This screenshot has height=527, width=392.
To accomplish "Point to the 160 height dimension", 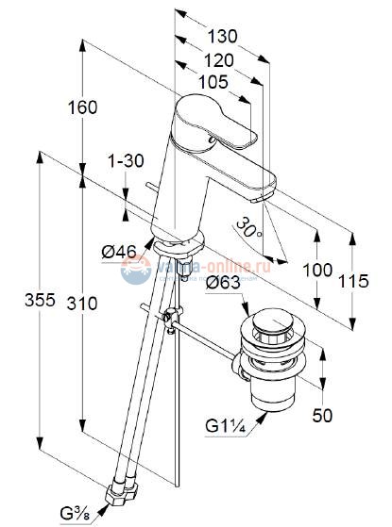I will (109, 107).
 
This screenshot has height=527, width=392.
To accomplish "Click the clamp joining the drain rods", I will (169, 318).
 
